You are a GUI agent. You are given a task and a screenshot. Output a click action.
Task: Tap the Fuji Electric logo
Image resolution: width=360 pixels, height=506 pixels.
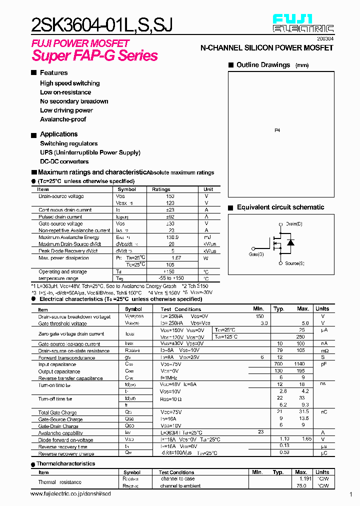[x=303, y=23]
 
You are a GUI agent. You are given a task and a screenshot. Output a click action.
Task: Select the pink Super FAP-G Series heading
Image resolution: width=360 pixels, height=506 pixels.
[x=95, y=55]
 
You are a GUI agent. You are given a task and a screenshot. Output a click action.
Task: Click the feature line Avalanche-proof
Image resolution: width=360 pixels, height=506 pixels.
[x=63, y=119]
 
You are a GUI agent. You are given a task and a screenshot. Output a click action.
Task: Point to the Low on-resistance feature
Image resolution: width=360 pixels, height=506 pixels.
[x=65, y=92]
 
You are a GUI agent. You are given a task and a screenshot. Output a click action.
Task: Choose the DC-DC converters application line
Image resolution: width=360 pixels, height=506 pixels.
[x=64, y=161]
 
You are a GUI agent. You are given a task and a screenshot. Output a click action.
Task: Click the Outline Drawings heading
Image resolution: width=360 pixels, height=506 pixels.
[x=263, y=65]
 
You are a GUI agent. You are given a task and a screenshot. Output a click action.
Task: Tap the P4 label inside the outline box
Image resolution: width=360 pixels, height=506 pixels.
[x=277, y=130]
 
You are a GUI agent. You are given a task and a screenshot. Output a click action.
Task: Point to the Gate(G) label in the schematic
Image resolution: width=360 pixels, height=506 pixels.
[x=256, y=254]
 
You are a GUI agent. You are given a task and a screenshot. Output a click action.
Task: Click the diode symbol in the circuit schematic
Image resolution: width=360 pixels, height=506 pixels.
[x=290, y=243]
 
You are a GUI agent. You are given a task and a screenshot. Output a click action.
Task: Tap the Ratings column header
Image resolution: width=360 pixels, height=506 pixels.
[x=161, y=189]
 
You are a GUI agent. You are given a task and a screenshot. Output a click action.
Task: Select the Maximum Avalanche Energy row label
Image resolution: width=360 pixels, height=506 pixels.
[x=69, y=237]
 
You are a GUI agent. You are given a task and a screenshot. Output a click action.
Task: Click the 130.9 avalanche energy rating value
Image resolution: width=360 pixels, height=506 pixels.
[x=172, y=237]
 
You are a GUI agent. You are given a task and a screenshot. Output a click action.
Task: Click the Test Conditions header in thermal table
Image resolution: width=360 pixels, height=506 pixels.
[x=176, y=472]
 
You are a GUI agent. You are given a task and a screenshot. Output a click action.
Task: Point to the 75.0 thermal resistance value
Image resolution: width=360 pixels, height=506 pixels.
[x=301, y=485]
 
